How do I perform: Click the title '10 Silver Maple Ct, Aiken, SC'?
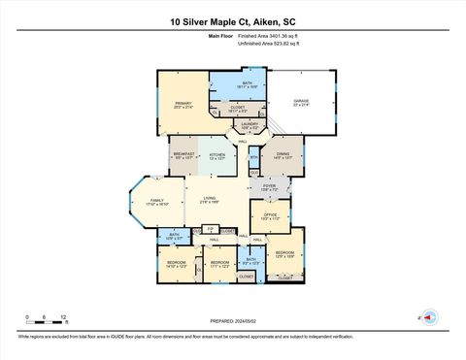(232, 20)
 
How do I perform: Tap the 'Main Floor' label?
(222, 36)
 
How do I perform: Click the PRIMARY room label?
(183, 105)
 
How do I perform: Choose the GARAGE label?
(301, 103)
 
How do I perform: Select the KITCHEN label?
(217, 154)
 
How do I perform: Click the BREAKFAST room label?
(184, 154)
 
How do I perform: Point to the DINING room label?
(283, 154)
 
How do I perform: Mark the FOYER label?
(269, 187)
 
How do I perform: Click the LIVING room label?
(208, 200)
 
